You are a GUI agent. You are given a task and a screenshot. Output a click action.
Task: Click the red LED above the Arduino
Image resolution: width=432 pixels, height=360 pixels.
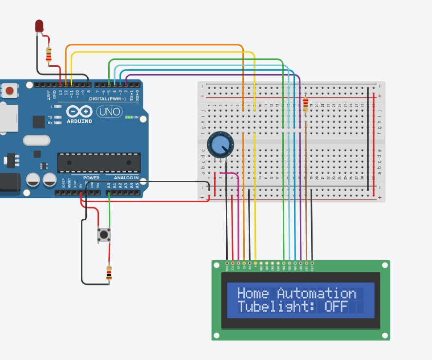pos(39,26)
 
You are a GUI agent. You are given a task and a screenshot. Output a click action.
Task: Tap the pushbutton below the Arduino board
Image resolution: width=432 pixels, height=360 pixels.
pos(104,235)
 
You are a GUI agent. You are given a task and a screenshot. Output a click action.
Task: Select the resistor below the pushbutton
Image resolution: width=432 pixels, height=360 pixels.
pos(109,273)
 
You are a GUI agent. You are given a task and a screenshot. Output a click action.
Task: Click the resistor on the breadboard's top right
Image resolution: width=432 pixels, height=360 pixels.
pos(306,104)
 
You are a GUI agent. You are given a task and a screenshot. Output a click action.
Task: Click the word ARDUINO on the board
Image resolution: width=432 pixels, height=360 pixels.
pos(79,121)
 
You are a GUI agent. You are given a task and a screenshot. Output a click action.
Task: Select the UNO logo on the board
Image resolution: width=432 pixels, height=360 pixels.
pos(110,112)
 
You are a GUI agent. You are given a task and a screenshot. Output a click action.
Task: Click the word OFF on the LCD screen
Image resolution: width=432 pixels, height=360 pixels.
pos(336,307)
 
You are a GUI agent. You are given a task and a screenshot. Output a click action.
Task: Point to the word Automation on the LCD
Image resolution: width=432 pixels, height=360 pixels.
pos(316,294)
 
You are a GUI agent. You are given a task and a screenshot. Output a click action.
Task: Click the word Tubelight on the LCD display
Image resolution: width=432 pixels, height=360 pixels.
pos(273,307)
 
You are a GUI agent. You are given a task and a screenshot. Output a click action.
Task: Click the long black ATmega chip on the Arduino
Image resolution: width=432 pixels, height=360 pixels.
pos(99,163)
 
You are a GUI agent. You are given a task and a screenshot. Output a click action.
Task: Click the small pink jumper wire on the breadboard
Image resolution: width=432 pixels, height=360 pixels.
pos(229,173)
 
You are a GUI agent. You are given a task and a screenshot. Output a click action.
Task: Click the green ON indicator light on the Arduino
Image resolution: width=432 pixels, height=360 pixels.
pos(128,117)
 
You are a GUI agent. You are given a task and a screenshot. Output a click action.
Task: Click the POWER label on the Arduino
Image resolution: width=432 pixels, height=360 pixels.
pos(91,178)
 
